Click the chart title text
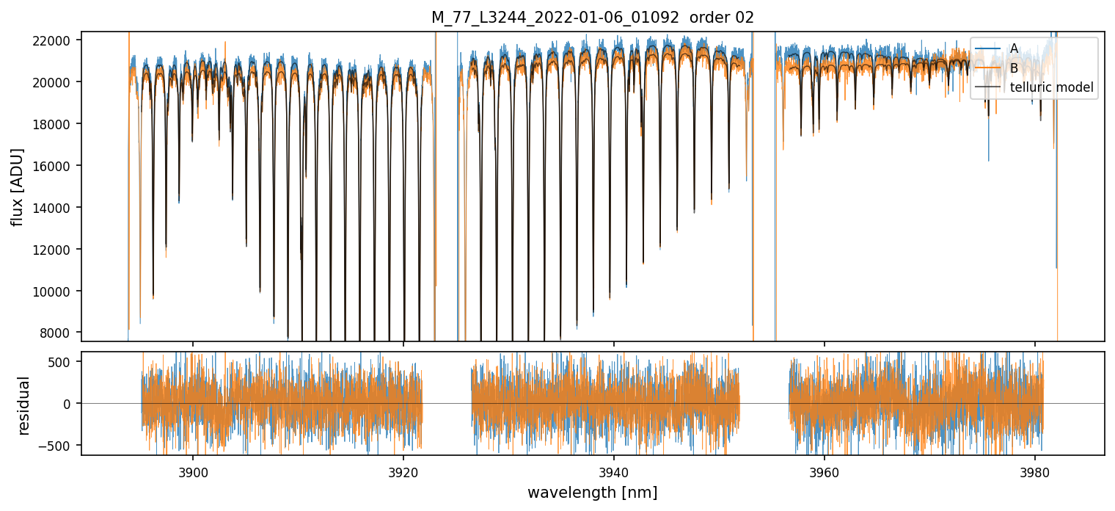(x=592, y=18)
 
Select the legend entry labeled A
(x=1014, y=48)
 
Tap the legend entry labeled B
(x=1014, y=68)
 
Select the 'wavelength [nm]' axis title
(x=592, y=492)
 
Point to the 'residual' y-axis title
(x=24, y=405)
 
